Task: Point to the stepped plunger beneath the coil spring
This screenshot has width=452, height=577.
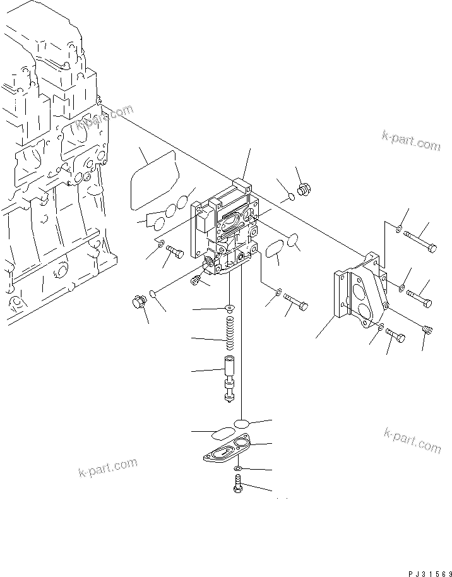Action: click(229, 378)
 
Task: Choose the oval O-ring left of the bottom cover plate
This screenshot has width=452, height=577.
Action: click(220, 434)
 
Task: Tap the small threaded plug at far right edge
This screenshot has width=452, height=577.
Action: click(426, 328)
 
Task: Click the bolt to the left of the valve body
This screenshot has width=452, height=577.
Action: click(175, 253)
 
